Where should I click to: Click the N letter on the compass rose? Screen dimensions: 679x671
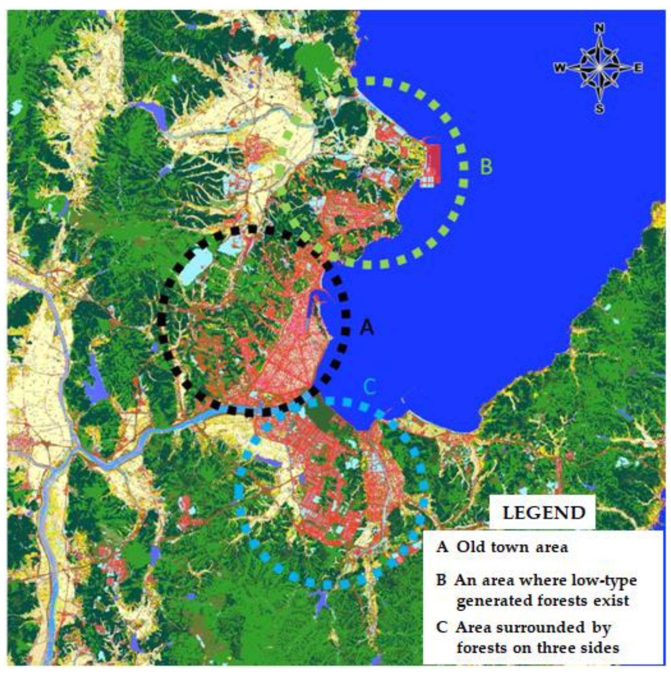[x=600, y=28]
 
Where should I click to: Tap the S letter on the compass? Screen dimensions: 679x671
[x=600, y=108]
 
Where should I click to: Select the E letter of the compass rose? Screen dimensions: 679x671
[x=638, y=68]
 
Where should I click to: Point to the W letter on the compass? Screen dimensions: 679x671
[x=560, y=68]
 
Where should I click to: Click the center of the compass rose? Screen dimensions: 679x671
[x=600, y=68]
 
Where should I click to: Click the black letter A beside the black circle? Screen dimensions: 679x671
[x=367, y=327]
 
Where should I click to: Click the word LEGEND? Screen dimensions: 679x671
[x=543, y=513]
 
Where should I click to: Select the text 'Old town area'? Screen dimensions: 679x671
[x=512, y=547]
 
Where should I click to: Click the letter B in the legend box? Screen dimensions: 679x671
[x=442, y=580]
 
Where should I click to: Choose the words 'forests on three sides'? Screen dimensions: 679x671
[x=538, y=647]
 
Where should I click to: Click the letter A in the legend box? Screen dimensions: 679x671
[x=442, y=547]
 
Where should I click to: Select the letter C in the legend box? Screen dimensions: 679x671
[x=442, y=627]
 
